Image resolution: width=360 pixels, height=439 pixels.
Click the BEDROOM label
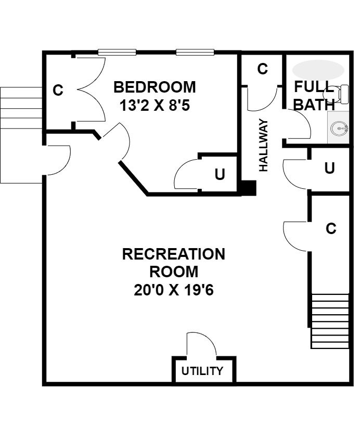tap(155, 87)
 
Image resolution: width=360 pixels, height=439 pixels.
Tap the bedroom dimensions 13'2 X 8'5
tap(155, 106)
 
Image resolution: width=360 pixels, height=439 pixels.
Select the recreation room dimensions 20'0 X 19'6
tap(174, 290)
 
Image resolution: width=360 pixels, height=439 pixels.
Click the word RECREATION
tap(174, 254)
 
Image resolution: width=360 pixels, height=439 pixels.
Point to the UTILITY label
tap(202, 371)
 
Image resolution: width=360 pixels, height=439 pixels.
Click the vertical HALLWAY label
tap(263, 145)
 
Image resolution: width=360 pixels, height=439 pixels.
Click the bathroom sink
tap(339, 128)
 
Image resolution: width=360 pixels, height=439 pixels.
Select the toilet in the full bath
tap(336, 94)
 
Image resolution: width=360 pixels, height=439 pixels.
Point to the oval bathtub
tap(318, 70)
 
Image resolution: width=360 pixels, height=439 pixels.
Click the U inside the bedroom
tap(220, 174)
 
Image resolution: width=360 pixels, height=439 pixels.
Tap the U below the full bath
tap(329, 168)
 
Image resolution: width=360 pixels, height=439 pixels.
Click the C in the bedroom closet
tap(58, 90)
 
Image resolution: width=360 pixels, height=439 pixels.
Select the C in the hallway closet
tap(263, 69)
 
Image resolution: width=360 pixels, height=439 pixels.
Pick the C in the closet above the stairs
tap(331, 228)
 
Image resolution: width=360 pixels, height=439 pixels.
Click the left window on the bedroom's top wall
tap(117, 52)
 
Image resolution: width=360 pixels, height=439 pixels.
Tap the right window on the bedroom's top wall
tap(195, 52)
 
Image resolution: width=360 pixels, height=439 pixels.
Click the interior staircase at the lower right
tap(330, 321)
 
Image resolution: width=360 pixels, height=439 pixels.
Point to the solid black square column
tap(249, 188)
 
